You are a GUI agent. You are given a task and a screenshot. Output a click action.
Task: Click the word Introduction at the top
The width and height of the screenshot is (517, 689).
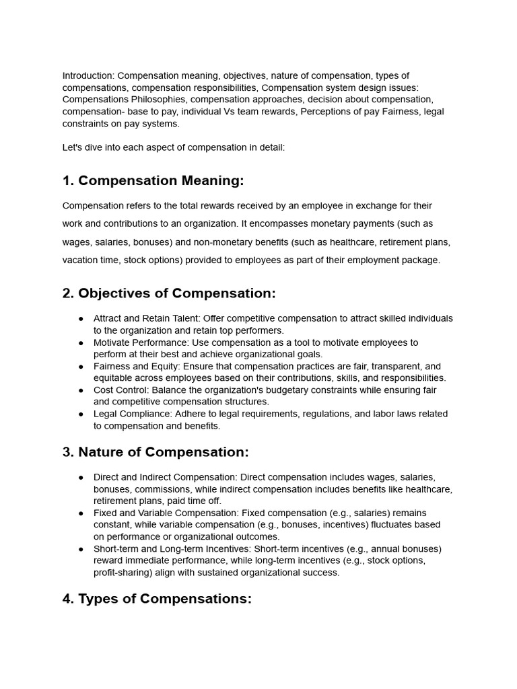(x=87, y=75)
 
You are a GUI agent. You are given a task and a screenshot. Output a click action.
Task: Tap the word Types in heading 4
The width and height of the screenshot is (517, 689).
(x=99, y=599)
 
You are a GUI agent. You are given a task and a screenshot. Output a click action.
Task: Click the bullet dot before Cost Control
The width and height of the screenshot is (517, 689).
(x=81, y=390)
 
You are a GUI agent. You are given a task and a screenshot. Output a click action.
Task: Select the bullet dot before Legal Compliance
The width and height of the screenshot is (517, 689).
(x=81, y=414)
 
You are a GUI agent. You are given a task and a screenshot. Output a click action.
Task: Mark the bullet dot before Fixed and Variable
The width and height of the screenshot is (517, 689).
(x=81, y=513)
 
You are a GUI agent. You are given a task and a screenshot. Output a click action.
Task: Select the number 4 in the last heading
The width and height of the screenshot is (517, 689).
(x=67, y=599)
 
